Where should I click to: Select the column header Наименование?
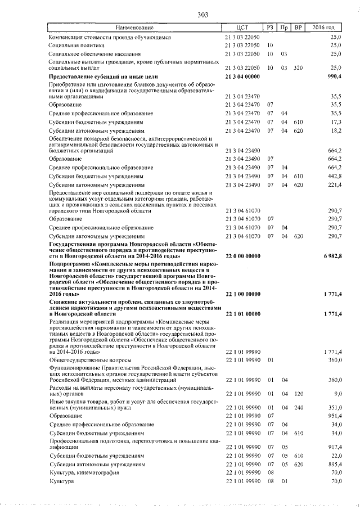point(134,28)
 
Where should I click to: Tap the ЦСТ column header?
point(243,28)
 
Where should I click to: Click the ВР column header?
point(298,28)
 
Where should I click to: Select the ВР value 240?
point(298,407)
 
